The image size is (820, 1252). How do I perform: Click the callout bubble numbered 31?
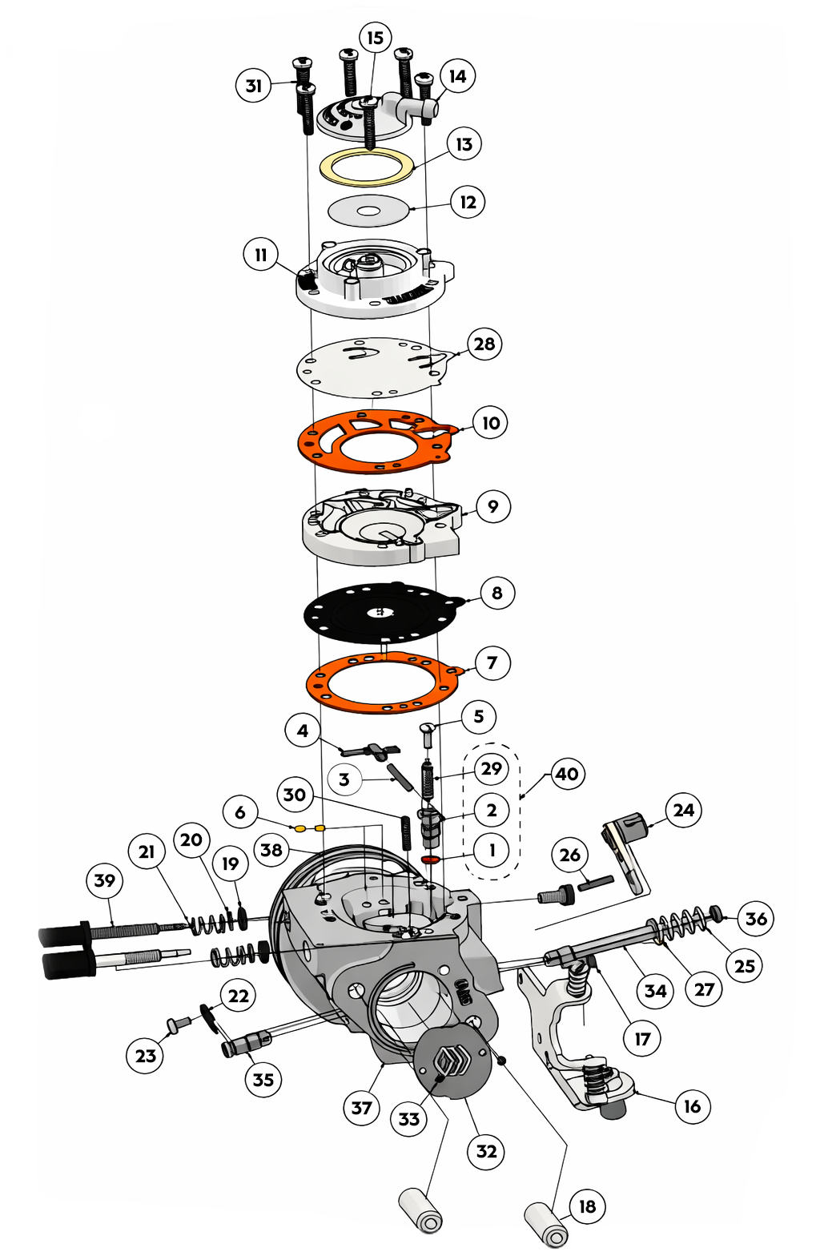click(254, 86)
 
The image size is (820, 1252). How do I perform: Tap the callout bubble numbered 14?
click(457, 76)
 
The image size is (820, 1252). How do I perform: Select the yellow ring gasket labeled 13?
click(367, 167)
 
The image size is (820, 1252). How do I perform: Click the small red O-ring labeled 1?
click(431, 859)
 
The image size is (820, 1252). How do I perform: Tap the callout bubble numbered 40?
click(567, 774)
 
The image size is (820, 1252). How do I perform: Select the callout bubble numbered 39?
click(105, 880)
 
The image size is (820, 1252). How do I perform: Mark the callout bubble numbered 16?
click(692, 1106)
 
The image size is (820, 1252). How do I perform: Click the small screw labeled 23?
click(176, 1025)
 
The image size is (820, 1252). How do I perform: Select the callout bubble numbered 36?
click(756, 919)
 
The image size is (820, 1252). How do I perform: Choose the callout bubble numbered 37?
click(361, 1108)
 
